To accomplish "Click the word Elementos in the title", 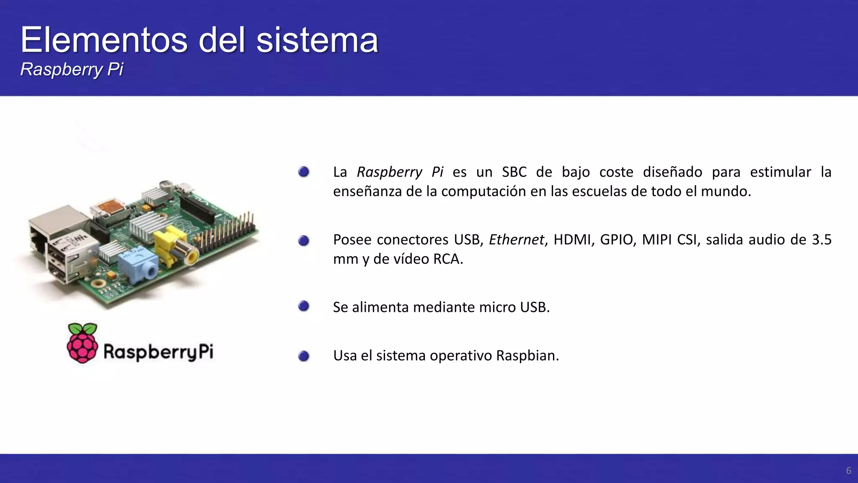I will (104, 40).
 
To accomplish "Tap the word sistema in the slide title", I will (317, 40).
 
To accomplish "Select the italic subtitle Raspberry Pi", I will (72, 69).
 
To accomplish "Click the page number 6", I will (848, 471).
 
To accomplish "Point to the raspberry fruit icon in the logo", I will (83, 343).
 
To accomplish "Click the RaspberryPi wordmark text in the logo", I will (158, 352).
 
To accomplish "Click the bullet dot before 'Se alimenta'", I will (304, 306).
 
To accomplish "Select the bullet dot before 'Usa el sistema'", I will (304, 356).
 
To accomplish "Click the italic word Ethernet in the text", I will (516, 240).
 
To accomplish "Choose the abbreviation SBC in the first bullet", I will (514, 172).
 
